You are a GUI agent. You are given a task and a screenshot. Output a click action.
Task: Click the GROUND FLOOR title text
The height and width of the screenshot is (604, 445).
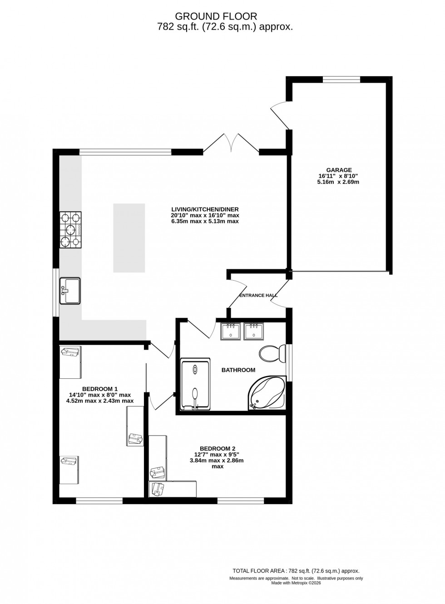point(222,16)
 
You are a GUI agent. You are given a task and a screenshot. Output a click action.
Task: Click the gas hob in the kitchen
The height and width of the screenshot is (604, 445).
point(70,230)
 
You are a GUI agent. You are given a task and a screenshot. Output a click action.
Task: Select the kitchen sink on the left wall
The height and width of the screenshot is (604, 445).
point(69,291)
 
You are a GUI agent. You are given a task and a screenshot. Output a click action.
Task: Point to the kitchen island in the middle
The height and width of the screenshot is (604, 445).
point(129,238)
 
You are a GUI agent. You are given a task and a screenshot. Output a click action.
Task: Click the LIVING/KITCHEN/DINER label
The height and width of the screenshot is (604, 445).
point(205,209)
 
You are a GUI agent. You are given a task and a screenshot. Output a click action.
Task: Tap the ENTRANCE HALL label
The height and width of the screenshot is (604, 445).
point(258,295)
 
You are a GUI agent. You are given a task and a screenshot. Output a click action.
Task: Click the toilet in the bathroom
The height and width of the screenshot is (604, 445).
point(272,353)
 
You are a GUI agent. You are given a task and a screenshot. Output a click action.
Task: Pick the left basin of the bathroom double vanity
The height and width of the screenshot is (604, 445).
point(232,331)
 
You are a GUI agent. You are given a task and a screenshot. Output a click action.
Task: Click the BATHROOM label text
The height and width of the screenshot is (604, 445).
point(238,370)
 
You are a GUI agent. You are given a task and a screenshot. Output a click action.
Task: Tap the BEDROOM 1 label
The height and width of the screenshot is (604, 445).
point(100,389)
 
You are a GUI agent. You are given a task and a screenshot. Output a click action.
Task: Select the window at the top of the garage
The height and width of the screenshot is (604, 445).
point(341,79)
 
